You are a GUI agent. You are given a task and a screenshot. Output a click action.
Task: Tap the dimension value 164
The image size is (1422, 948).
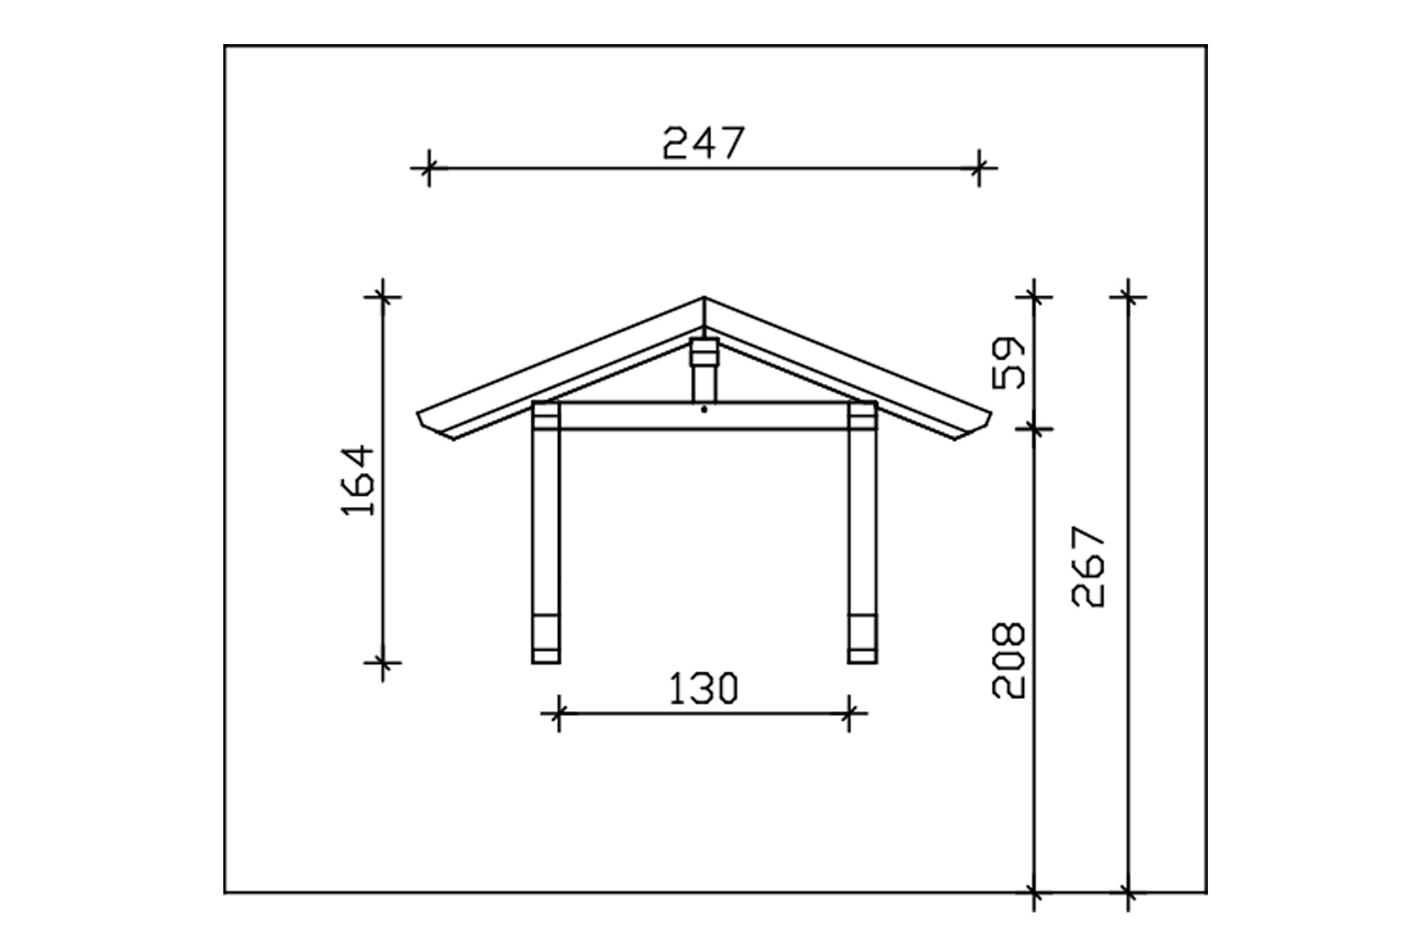click(358, 480)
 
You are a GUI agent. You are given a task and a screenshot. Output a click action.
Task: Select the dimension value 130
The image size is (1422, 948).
click(704, 688)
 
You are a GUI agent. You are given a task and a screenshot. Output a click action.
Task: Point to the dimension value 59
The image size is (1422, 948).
click(1009, 363)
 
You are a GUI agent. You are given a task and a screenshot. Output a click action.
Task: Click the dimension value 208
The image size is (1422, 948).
click(1009, 660)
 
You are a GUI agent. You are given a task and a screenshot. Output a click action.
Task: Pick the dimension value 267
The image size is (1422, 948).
click(1089, 566)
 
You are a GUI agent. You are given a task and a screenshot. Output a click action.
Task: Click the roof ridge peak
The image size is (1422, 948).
click(704, 297)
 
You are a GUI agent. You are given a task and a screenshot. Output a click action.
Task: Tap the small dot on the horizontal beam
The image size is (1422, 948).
click(704, 410)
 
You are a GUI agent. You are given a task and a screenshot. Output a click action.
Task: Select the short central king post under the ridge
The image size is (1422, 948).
click(704, 370)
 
